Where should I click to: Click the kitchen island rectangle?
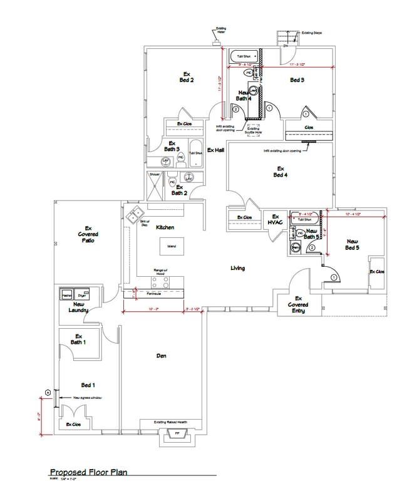coord(171,246)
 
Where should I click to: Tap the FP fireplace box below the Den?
coord(177,433)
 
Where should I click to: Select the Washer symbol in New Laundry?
coord(67,294)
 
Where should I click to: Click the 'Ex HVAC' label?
coord(276,219)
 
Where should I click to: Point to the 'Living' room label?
coord(237,268)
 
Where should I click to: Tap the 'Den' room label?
coord(161,356)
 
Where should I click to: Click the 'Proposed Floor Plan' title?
coord(88,472)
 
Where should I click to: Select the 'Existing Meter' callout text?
coord(221,30)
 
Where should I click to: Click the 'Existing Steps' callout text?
coord(312,33)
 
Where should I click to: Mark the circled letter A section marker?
coord(48,392)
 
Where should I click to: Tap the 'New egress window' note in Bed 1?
coord(87,398)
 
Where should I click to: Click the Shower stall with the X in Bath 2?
coord(155,182)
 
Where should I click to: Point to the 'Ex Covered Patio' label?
coord(88,234)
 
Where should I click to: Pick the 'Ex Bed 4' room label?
coord(280,172)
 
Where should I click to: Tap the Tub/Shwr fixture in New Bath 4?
coord(245,56)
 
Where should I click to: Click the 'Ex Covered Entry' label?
coord(298,304)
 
